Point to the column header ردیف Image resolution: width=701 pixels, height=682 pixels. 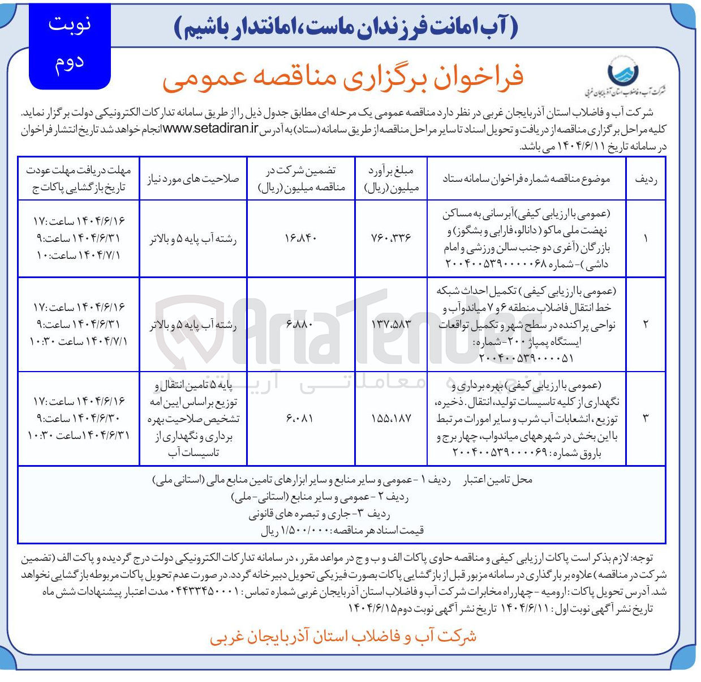click(x=646, y=178)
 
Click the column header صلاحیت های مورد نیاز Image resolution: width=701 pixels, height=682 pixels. click(x=193, y=178)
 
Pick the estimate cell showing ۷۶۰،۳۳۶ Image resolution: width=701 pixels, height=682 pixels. click(x=391, y=238)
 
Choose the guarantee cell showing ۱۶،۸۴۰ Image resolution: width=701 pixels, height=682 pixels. click(x=300, y=238)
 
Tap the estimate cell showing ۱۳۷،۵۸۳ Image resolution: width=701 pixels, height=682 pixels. click(x=391, y=324)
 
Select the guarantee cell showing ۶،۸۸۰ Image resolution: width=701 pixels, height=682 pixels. click(x=300, y=324)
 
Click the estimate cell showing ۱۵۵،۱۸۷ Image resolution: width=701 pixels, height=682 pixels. click(x=391, y=419)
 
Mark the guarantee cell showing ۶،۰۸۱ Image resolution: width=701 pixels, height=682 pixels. click(x=300, y=419)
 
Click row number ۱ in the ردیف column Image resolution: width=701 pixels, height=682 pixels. click(x=646, y=238)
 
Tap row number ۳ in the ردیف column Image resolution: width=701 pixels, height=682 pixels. click(x=646, y=419)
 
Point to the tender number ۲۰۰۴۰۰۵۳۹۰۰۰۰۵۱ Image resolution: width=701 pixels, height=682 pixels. click(x=526, y=359)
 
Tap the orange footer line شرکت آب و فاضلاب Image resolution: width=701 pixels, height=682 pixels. click(x=343, y=636)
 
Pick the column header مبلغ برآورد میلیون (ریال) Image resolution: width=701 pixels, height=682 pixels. click(x=391, y=178)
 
